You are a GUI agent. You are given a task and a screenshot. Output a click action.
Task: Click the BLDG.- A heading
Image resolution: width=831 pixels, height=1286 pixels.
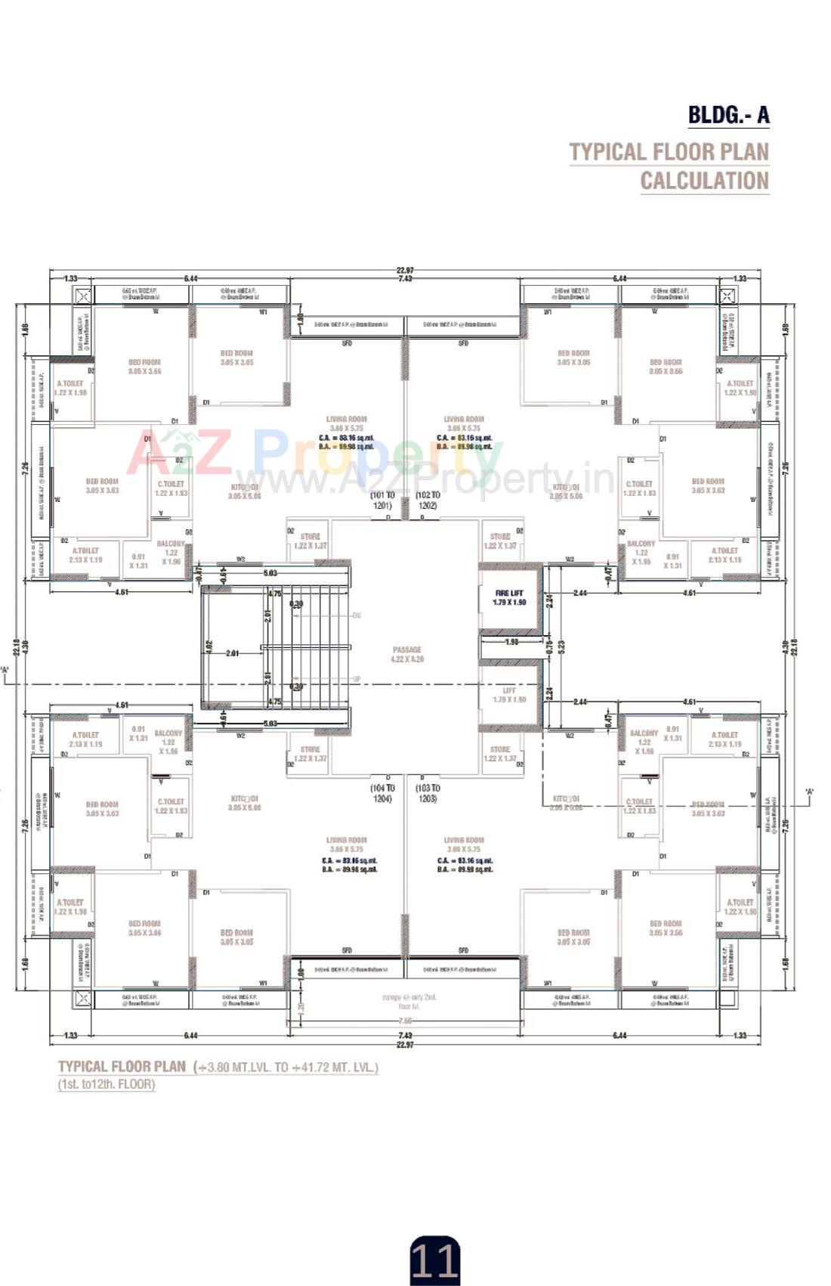pyautogui.click(x=728, y=115)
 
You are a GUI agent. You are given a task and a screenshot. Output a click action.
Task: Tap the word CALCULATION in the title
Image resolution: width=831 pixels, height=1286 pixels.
pyautogui.click(x=704, y=181)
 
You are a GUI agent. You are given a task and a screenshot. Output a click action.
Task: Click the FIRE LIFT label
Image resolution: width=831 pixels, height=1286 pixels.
pyautogui.click(x=508, y=593)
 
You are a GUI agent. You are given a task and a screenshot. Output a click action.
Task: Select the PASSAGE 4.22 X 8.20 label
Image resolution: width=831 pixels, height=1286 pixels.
pyautogui.click(x=406, y=654)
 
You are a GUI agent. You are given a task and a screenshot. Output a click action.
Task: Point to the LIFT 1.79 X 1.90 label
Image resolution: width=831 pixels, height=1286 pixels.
pyautogui.click(x=509, y=695)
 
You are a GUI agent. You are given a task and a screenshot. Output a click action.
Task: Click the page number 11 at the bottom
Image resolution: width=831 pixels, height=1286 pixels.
pyautogui.click(x=434, y=1260)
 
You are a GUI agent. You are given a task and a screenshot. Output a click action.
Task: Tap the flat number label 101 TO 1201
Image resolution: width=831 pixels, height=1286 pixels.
pyautogui.click(x=382, y=500)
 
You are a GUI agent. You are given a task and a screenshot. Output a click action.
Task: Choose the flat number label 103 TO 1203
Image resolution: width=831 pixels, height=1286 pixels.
pyautogui.click(x=427, y=793)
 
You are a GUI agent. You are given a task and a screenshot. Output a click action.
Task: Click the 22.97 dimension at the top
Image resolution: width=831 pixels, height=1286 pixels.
pyautogui.click(x=405, y=270)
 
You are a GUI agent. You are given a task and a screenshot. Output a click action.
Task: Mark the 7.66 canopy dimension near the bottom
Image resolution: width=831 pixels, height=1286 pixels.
pyautogui.click(x=405, y=1021)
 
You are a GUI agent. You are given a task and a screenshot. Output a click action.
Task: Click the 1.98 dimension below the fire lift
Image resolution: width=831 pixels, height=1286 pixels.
pyautogui.click(x=511, y=642)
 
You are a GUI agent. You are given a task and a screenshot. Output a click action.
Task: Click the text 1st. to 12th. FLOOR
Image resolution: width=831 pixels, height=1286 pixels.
pyautogui.click(x=107, y=1084)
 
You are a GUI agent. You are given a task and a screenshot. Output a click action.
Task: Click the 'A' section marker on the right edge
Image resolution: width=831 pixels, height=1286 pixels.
pyautogui.click(x=809, y=792)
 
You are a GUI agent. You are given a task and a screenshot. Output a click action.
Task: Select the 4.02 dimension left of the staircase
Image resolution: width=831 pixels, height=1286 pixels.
pyautogui.click(x=209, y=648)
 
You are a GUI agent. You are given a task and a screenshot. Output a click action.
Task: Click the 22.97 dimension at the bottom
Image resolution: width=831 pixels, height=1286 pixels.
pyautogui.click(x=405, y=1045)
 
